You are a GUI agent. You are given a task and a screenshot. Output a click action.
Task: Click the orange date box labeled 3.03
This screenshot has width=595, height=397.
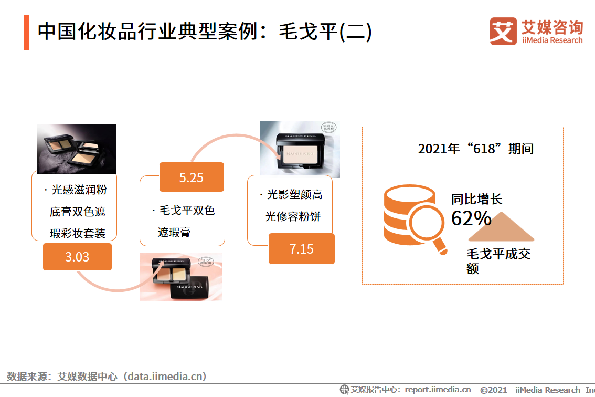pyautogui.click(x=77, y=257)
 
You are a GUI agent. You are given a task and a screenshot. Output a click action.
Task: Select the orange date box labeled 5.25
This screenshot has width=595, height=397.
pyautogui.click(x=192, y=177)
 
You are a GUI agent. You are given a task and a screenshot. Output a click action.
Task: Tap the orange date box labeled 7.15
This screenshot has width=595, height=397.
pyautogui.click(x=301, y=248)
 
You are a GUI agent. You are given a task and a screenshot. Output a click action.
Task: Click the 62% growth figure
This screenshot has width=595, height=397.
pyautogui.click(x=471, y=218)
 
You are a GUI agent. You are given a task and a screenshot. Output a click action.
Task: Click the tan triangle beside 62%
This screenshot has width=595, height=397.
pyautogui.click(x=502, y=227)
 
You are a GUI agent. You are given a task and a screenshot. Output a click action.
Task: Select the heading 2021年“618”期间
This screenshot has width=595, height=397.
pyautogui.click(x=475, y=149)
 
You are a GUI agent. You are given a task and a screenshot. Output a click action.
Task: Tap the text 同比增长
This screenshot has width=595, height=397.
pyautogui.click(x=476, y=199)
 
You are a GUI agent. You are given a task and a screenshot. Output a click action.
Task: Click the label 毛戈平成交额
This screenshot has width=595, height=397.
pyautogui.click(x=498, y=260)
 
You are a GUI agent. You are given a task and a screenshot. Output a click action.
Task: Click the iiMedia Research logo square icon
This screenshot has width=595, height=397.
pyautogui.click(x=503, y=31)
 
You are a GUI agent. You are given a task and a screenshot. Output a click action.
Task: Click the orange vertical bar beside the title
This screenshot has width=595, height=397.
pyautogui.click(x=26, y=32)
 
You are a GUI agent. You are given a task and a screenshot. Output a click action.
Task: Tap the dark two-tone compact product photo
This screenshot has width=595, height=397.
pyautogui.click(x=76, y=149)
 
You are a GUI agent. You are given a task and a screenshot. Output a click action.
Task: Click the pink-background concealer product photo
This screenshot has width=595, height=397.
pyautogui.click(x=181, y=277)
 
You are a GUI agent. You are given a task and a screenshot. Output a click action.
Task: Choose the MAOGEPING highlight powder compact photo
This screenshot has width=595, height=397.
pyautogui.click(x=300, y=149)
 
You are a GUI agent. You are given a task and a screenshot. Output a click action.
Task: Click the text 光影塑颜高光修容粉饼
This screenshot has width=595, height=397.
pyautogui.click(x=294, y=205)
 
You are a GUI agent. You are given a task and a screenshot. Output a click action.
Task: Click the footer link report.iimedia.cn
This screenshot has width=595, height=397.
pyautogui.click(x=438, y=390)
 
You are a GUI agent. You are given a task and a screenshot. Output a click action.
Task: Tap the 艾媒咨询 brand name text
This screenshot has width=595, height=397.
pyautogui.click(x=551, y=26)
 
